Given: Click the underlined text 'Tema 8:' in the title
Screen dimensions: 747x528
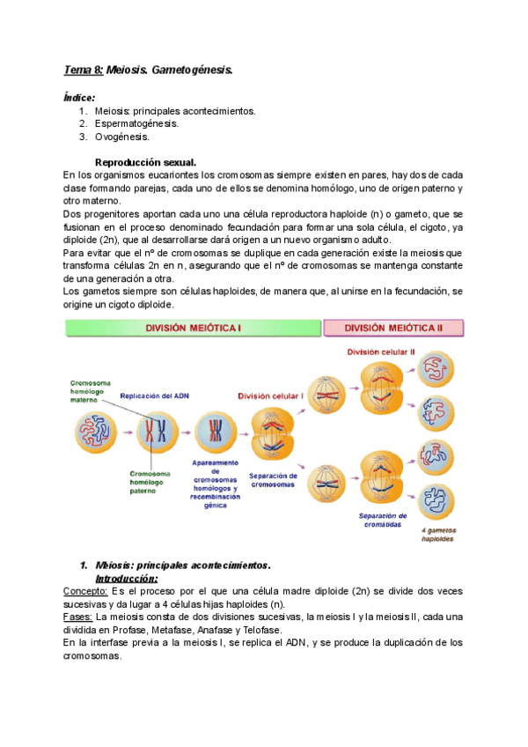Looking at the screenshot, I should click(84, 70).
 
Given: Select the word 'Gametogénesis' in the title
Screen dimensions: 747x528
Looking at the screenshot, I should click(191, 70).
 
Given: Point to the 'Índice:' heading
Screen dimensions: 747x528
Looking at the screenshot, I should click(81, 98).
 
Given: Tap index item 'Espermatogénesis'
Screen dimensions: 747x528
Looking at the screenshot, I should click(136, 124).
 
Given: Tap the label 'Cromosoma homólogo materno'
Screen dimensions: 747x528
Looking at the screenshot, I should click(92, 391).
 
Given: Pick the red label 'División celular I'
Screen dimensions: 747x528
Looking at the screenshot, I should click(275, 396).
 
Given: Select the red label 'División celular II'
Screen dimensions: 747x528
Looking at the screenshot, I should click(380, 351).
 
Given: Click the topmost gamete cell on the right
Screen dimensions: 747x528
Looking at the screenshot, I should click(436, 368).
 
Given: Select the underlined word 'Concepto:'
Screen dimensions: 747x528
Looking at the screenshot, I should click(86, 591).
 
